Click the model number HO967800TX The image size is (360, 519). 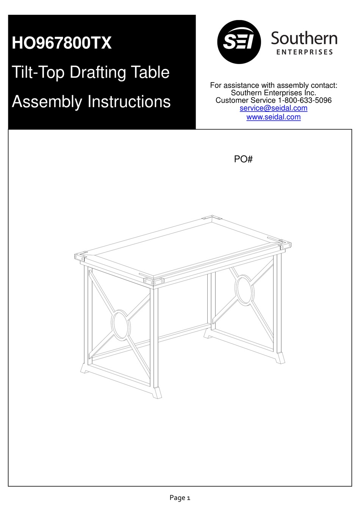[x=62, y=43]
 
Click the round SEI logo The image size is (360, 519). [x=239, y=42]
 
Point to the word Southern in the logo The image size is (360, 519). [x=304, y=39]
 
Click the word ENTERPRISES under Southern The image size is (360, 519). [x=305, y=52]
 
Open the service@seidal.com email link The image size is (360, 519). [x=273, y=108]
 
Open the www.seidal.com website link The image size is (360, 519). [x=273, y=117]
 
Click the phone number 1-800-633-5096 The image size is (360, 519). [x=305, y=100]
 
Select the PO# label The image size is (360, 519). [x=243, y=159]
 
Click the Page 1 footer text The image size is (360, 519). [x=180, y=498]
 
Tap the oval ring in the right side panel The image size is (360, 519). [x=244, y=290]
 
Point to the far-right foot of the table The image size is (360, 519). [x=280, y=358]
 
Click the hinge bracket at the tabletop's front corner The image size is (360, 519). [x=153, y=281]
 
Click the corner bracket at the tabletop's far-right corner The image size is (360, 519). [x=285, y=245]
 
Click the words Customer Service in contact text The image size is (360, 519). [x=246, y=100]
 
